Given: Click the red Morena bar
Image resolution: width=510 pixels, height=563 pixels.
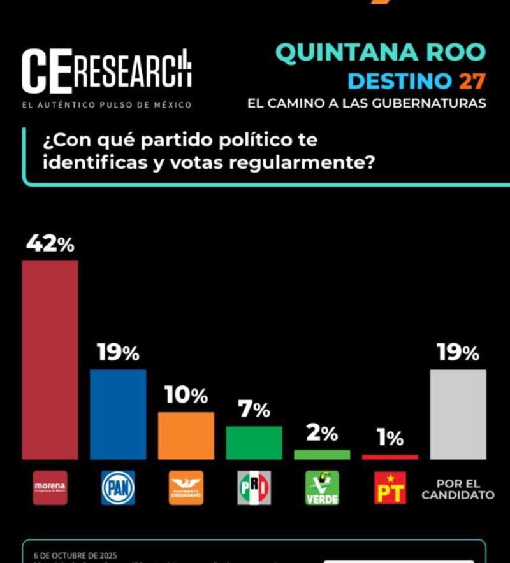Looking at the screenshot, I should pos(50,360).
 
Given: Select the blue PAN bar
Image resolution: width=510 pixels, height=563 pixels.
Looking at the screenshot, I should pos(118,414).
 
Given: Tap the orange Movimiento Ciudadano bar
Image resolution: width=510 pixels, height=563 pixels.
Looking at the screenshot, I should pos(186,436).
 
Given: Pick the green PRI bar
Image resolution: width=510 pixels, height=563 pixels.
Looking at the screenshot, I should pos(254,443).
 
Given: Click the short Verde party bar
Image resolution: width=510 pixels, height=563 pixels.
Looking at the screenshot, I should pos(322,455).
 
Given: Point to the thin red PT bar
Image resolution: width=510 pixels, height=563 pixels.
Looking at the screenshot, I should pos(390,457).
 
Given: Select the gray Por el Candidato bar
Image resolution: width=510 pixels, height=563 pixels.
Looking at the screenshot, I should pos(458,414).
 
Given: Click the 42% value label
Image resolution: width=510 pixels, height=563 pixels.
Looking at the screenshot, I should pos(50,244).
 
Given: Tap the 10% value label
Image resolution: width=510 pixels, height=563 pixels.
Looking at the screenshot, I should pos(186,395).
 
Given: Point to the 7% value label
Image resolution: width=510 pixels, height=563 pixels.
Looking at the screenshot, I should pos(254,410).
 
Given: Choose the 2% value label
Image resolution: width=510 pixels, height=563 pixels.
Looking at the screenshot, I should pos(322,434).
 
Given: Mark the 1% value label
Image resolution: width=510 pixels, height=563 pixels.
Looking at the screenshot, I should pos(390,438).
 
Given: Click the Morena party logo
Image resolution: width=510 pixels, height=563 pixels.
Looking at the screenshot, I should pos(50,488).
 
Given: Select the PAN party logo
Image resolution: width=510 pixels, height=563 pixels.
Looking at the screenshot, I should pos(118,488).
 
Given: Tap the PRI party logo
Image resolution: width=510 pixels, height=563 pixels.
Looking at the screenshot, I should pos(254,488).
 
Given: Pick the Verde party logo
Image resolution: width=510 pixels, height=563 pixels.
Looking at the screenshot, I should pos(322,488).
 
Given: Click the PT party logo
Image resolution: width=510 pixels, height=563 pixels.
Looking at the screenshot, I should pos(390,488).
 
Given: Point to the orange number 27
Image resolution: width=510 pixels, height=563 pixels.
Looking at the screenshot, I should pos(472,82).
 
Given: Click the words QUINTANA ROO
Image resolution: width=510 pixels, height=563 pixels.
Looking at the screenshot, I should pos(381,53).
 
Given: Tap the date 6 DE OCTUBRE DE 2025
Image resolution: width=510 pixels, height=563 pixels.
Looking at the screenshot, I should pos(75,556).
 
